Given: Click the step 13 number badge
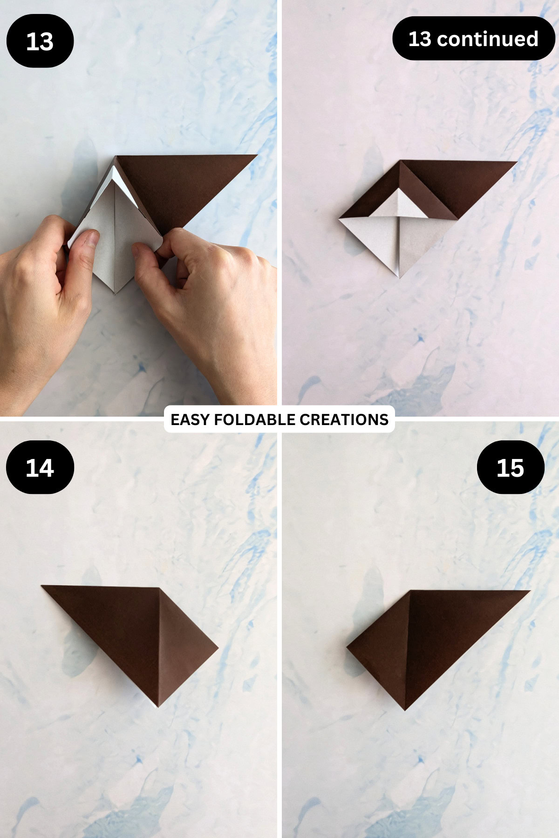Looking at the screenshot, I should coord(40,41).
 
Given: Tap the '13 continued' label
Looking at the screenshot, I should coord(473,39).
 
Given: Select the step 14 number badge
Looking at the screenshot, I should coord(40,467).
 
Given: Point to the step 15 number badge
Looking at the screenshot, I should coord(510,467).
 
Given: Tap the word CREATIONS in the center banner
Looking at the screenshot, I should coord(344,419).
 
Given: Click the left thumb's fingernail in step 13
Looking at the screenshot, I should coord(90,239).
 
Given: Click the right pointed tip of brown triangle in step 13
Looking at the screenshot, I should coord(256,156).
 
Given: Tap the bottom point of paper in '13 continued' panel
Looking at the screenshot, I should coord(399,277).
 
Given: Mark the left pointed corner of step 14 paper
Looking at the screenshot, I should coord(43,586).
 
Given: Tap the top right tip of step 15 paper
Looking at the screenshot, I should coord(529,591).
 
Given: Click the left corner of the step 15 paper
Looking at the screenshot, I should coord(348,647).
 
